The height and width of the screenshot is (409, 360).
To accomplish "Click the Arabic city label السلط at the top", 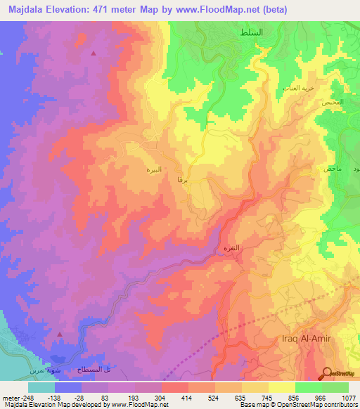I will [270, 33].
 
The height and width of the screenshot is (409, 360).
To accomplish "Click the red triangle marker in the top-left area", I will [94, 53].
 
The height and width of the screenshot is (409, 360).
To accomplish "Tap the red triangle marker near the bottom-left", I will [60, 335].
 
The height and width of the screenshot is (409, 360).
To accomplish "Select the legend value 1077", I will [341, 398].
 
